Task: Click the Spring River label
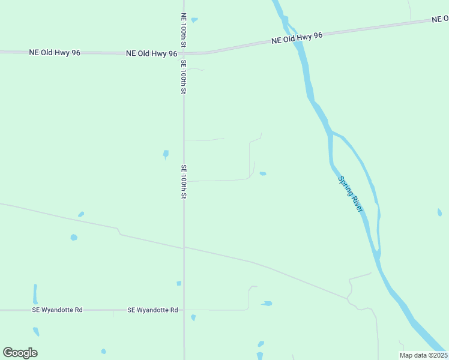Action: point(351,193)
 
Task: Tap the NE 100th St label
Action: point(183,31)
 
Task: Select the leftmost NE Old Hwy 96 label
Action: point(55,53)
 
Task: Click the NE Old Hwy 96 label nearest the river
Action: point(297,38)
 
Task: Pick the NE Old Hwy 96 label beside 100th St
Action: point(151,53)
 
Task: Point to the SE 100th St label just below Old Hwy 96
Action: point(183,77)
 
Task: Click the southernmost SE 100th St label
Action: point(184,182)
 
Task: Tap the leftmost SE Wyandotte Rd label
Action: point(57,310)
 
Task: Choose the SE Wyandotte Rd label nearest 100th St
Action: point(152,310)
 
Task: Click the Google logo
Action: point(20,353)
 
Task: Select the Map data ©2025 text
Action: point(423,355)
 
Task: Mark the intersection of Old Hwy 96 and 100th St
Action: point(183,53)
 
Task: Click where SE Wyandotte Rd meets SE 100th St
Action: point(184,310)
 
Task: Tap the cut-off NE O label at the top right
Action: point(439,19)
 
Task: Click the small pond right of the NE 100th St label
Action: point(194,20)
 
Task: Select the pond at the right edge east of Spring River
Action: point(439,212)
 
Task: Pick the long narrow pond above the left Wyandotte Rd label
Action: point(35,294)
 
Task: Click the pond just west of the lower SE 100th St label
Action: point(166,154)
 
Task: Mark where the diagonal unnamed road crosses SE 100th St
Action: point(184,247)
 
